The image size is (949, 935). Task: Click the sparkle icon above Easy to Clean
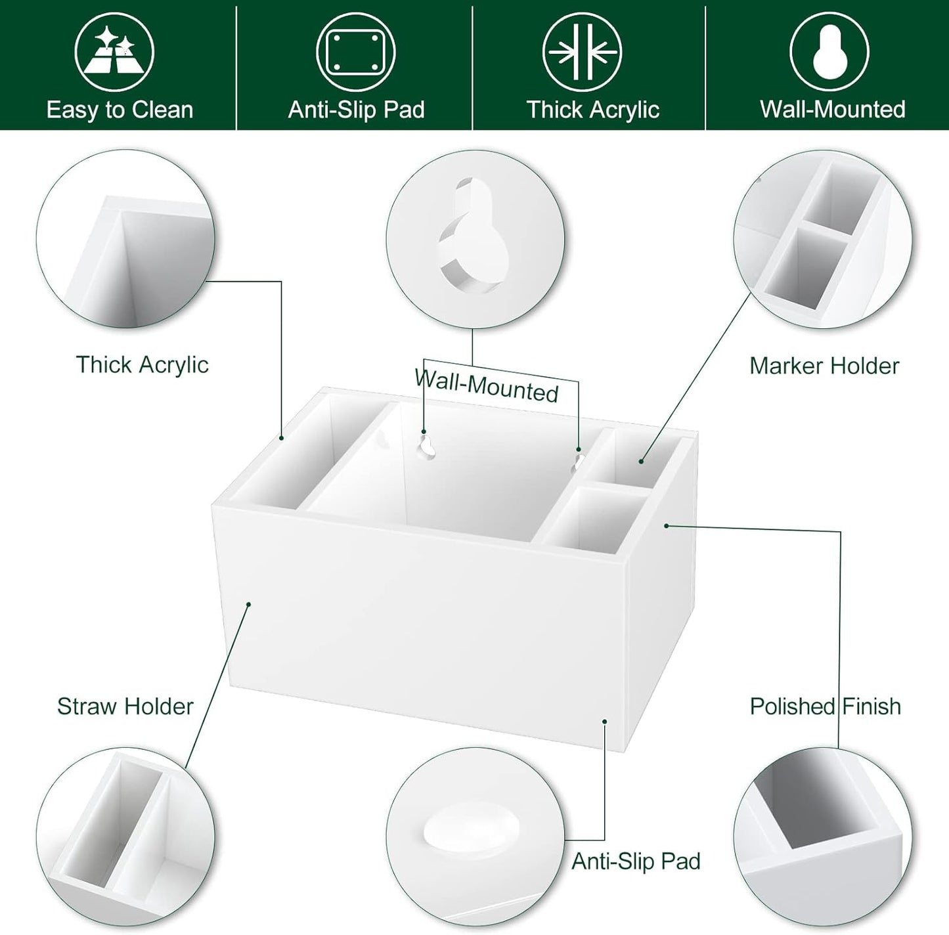(114, 52)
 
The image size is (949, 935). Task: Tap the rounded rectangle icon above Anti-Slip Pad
(355, 52)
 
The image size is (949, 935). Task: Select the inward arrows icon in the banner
(582, 52)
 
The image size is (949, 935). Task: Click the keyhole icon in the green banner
(829, 52)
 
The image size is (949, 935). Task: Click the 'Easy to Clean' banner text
(120, 110)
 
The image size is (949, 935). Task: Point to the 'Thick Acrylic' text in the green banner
(593, 110)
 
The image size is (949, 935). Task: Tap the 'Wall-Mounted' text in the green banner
(833, 109)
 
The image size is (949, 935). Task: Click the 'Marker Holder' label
(824, 366)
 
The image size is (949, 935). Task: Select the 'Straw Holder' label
(125, 707)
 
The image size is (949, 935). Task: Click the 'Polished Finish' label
(826, 707)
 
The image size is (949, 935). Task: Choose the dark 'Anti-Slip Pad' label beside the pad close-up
(636, 861)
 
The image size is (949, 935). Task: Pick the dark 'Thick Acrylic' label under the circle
(142, 365)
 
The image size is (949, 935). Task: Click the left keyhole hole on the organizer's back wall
(427, 446)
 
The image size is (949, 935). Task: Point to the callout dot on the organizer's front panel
(249, 604)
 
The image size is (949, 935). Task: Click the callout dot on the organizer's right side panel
(667, 526)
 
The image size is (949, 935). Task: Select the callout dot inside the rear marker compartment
(641, 462)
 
